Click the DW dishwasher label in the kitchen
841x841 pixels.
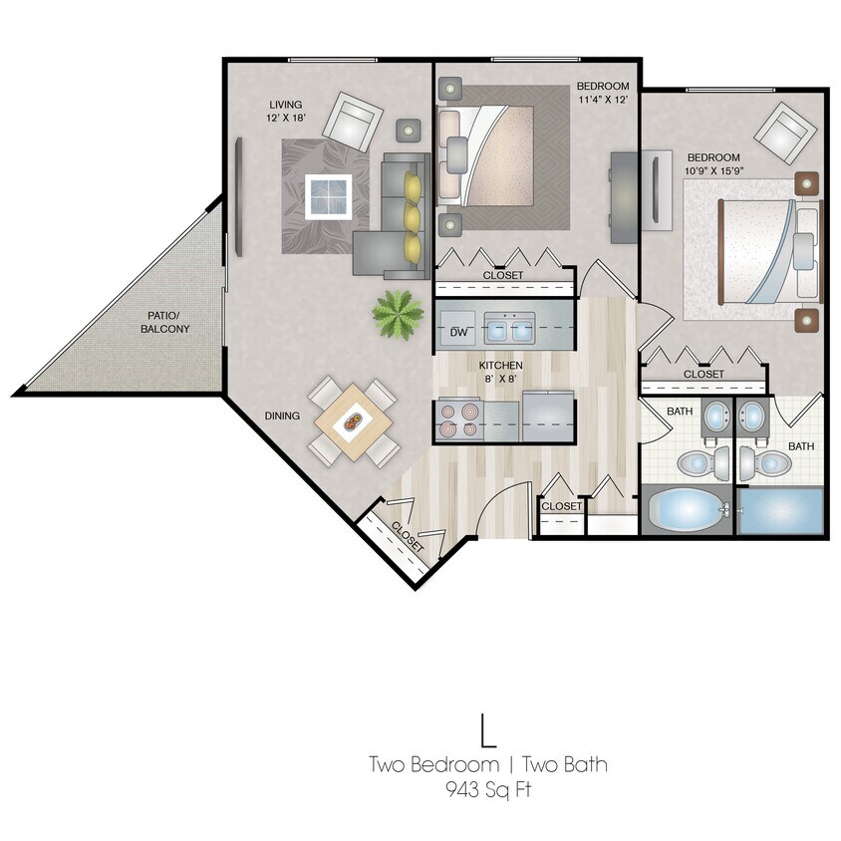click(x=459, y=332)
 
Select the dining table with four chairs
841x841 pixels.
click(x=353, y=422)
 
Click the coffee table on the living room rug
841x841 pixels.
click(x=328, y=195)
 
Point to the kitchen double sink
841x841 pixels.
click(x=509, y=327)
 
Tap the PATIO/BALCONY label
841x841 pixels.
click(x=164, y=322)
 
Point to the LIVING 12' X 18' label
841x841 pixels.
click(x=286, y=112)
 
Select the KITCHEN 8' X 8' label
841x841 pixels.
click(x=500, y=372)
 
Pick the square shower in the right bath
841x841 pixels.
click(x=780, y=511)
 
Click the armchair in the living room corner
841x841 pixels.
click(x=355, y=121)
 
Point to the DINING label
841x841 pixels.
click(x=282, y=417)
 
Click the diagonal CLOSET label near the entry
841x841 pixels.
click(x=408, y=539)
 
